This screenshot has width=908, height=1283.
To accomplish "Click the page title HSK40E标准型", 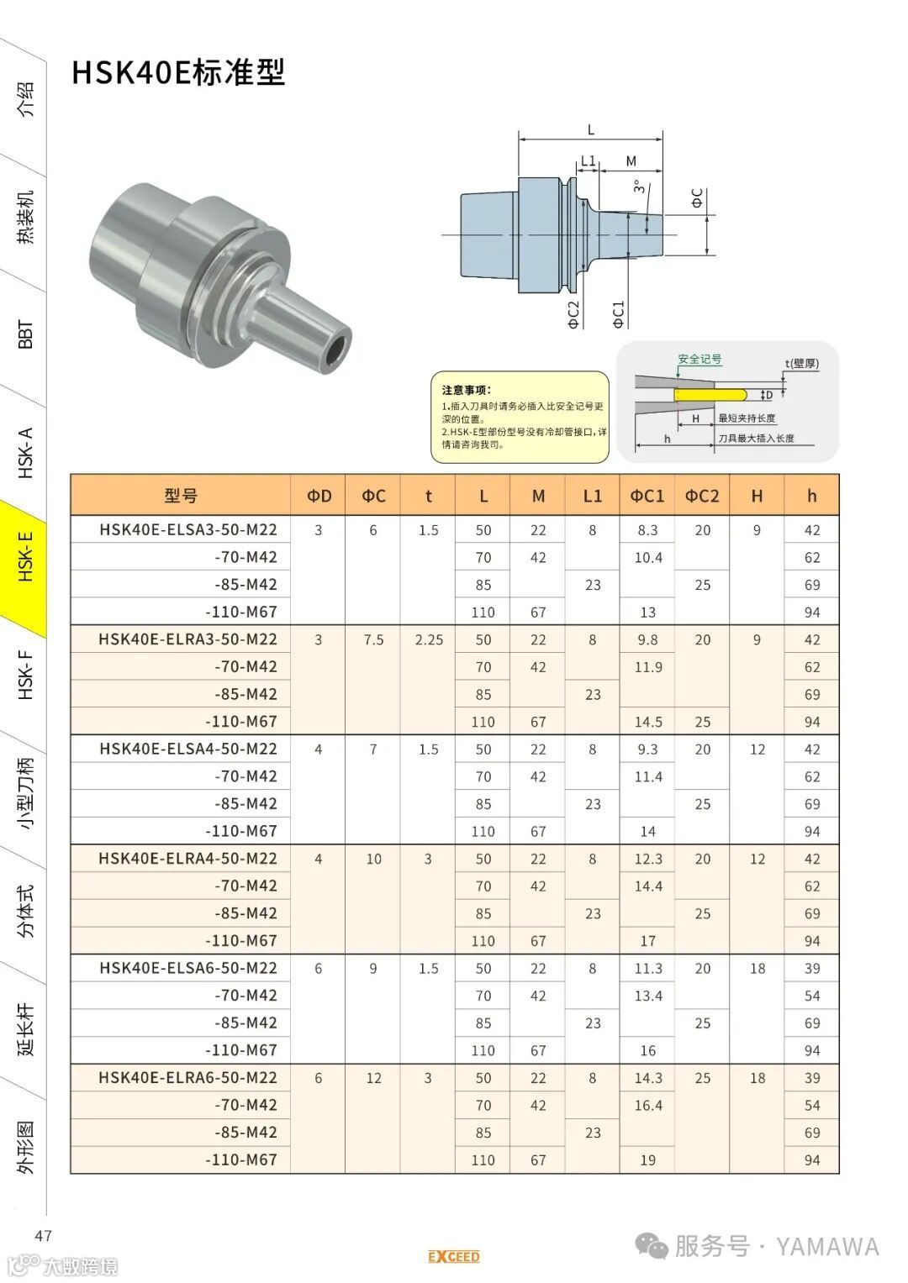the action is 178,73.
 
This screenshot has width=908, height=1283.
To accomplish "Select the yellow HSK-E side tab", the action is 23,567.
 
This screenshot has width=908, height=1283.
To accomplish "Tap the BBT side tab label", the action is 26,334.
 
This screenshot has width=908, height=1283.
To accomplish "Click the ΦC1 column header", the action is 647,496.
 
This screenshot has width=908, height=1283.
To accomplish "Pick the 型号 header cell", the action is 181,496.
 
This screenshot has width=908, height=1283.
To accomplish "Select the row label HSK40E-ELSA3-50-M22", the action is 188,530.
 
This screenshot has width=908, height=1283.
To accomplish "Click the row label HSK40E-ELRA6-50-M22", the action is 188,1077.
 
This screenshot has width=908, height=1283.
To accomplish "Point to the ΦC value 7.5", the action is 374,639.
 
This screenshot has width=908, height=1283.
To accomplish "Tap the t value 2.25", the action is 429,639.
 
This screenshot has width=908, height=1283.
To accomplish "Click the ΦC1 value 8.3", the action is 647,530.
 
